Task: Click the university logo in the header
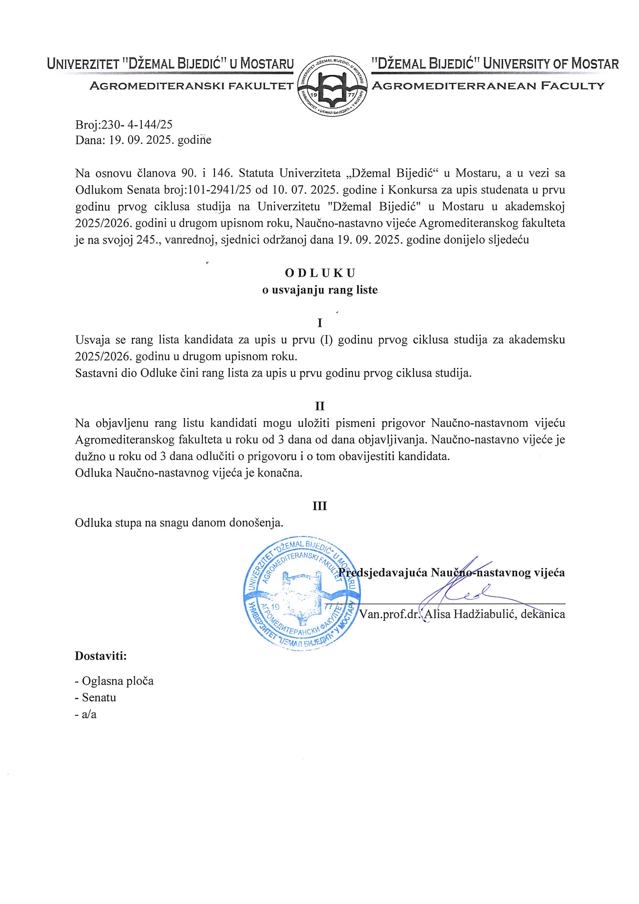pos(332,86)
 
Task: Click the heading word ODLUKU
pos(320,273)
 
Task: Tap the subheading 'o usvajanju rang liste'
pos(320,290)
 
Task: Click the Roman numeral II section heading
pos(320,406)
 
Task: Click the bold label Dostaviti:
pos(101,656)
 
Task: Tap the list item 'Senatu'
pos(99,697)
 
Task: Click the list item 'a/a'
pos(89,714)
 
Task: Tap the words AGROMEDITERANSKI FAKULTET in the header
pos(191,85)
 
